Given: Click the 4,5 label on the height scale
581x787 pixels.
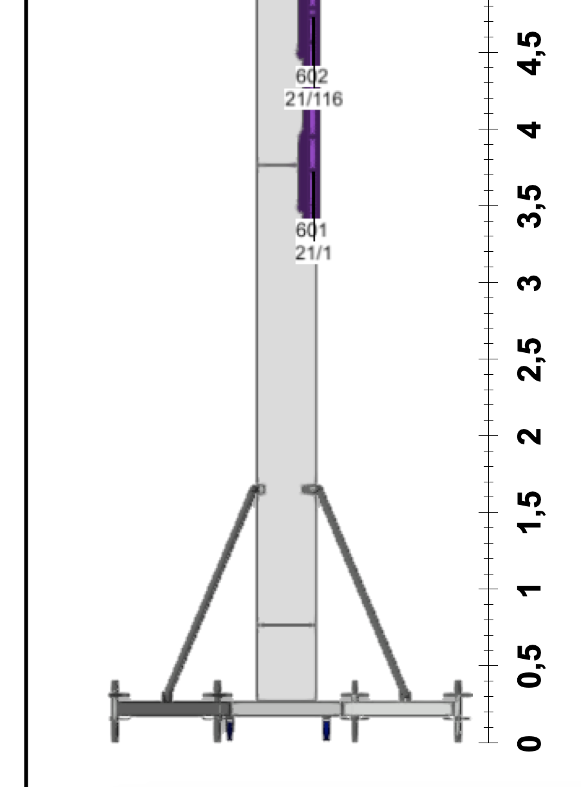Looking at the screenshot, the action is [529, 53].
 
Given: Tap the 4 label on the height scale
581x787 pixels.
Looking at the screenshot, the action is [529, 130].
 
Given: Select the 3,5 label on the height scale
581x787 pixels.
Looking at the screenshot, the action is [529, 207].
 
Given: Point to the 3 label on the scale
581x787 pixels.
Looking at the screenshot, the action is [529, 283].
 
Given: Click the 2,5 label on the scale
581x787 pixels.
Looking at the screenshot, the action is [529, 360].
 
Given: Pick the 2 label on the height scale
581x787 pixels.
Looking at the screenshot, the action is [529, 436].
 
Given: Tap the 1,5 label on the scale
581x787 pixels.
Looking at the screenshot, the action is [529, 513].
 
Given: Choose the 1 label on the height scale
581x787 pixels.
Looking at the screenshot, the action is [529, 590].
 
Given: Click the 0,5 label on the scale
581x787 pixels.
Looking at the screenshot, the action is [529, 666].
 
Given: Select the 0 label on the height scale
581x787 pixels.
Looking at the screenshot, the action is [529, 743].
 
